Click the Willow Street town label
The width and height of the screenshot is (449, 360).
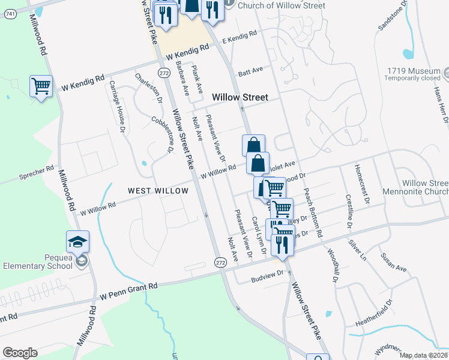[x=240, y=97]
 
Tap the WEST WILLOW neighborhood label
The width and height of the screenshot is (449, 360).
[x=158, y=191]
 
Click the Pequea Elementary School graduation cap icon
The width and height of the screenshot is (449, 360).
[x=77, y=242]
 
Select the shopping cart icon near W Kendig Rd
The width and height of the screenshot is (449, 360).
[x=41, y=86]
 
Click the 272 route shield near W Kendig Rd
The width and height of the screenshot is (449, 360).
[x=163, y=72]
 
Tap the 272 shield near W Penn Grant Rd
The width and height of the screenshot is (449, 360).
[x=220, y=262]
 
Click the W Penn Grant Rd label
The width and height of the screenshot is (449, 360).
[x=128, y=292]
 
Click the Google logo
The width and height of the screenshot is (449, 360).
[x=20, y=353]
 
